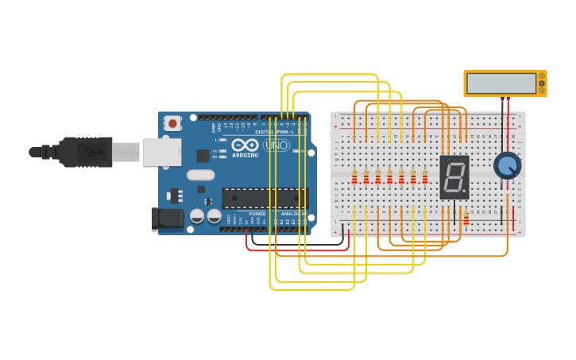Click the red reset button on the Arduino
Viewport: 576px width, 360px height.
[172, 123]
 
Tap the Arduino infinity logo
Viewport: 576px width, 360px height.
[245, 145]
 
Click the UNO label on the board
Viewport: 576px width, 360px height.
[276, 145]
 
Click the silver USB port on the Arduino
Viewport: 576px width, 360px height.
[161, 151]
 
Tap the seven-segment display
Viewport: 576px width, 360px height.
[454, 176]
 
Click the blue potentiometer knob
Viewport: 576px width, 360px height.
[507, 166]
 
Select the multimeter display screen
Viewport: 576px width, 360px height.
[501, 83]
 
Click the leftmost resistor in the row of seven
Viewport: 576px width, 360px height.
[354, 176]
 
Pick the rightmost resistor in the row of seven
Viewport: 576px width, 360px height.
[425, 176]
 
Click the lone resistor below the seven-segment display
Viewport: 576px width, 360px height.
[466, 217]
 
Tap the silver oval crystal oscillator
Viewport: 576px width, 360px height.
[201, 175]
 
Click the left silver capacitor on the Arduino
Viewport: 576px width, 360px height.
[197, 215]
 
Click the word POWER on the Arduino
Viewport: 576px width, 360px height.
[257, 214]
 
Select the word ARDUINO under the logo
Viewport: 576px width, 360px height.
[245, 155]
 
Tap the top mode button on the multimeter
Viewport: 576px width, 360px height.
[542, 75]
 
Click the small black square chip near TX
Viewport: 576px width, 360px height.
[203, 155]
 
